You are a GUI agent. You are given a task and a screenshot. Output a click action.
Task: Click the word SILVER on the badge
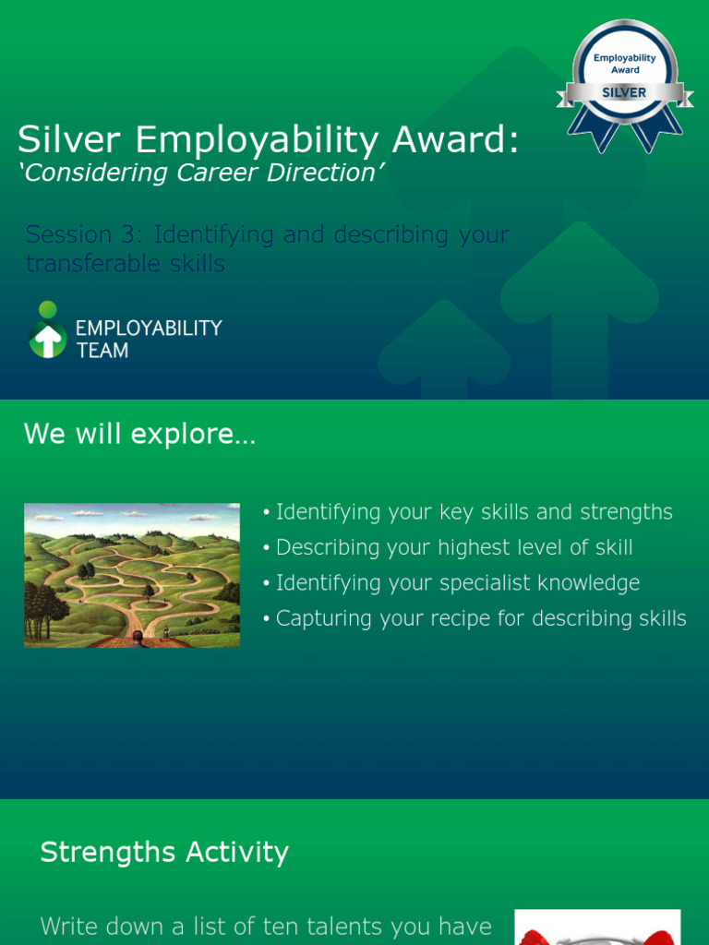[x=624, y=92]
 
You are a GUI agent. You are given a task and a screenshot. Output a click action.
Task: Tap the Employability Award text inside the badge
[x=624, y=64]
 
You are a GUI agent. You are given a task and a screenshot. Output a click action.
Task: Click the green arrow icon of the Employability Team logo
[x=47, y=339]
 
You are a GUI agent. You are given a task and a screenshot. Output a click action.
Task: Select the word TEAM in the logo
[x=102, y=351]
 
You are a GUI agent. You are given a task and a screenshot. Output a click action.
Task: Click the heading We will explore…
[x=139, y=434]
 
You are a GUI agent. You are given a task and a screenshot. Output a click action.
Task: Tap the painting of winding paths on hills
[x=131, y=575]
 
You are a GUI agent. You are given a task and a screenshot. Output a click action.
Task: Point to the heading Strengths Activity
[x=164, y=852]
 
